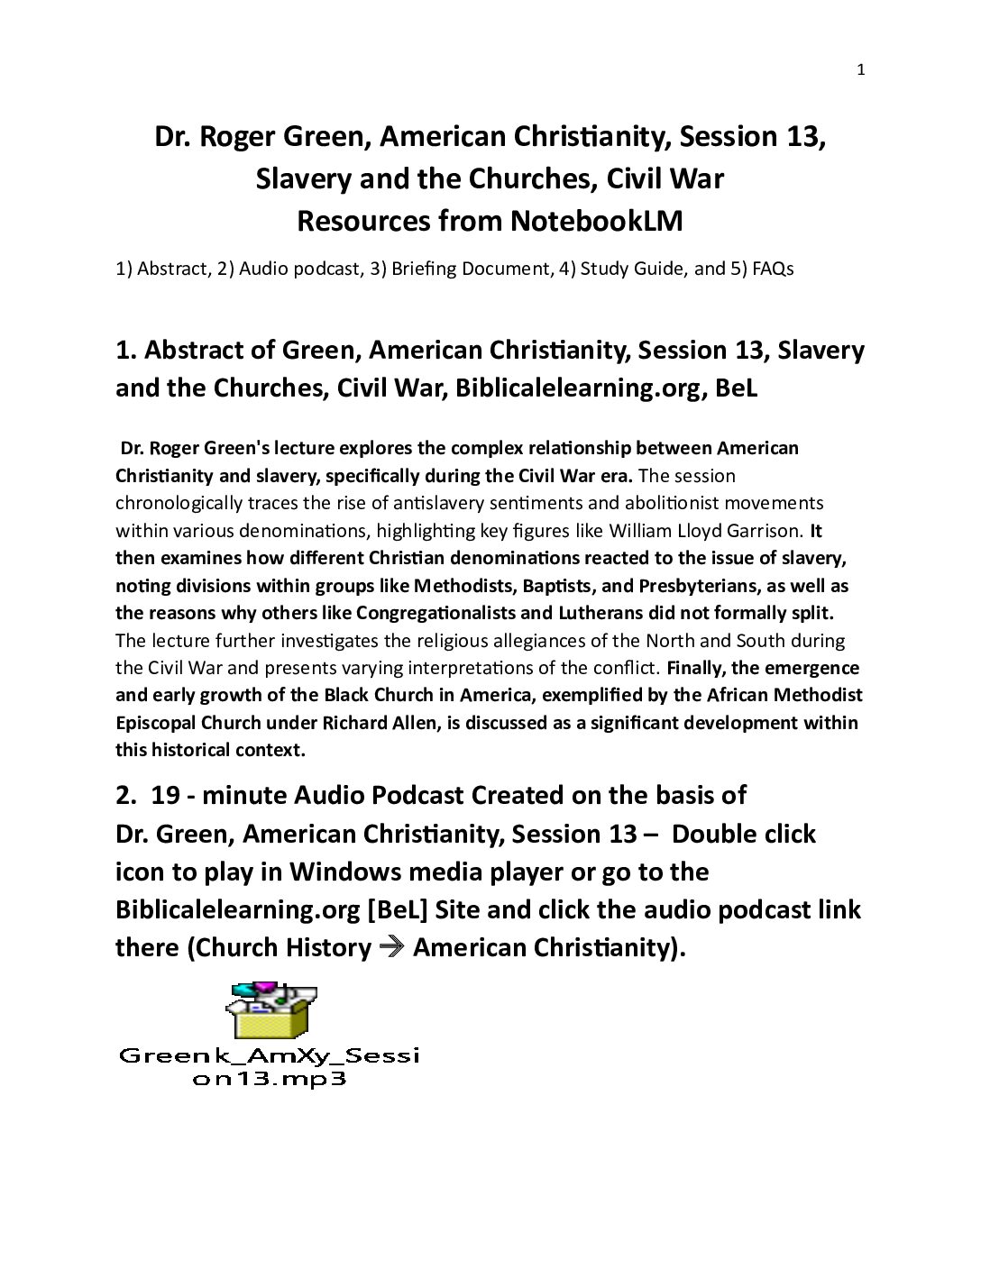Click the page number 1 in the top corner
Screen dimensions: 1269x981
coord(860,70)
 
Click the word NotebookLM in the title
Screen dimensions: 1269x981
coord(596,221)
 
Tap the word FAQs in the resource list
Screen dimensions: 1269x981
coord(773,269)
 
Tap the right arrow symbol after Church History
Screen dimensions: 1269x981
coord(392,947)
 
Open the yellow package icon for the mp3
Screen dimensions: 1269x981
coord(270,1011)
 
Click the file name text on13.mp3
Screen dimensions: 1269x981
coord(270,1079)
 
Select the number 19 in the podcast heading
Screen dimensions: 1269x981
coord(165,795)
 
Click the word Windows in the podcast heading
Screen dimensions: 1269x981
coord(342,872)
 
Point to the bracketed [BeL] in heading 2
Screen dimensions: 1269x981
coord(397,909)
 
